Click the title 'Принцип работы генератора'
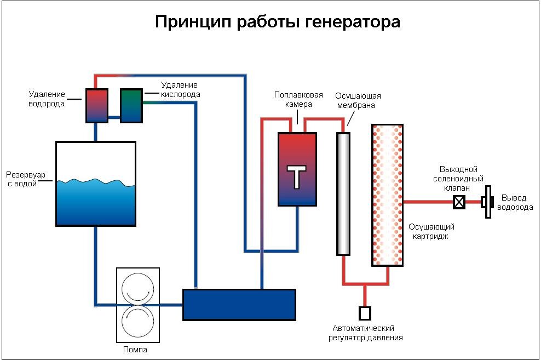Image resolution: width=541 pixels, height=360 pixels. [x=278, y=22]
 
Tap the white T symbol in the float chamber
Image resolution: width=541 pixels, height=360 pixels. [x=297, y=176]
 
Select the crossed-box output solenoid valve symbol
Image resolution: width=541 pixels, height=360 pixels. [x=459, y=203]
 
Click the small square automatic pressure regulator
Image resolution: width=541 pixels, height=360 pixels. [x=365, y=313]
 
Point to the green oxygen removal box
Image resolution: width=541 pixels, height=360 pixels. [x=131, y=105]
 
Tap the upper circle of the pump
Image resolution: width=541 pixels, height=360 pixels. [x=137, y=288]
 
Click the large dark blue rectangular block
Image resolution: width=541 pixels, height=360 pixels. [x=239, y=305]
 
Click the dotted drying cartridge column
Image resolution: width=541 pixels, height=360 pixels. [x=388, y=195]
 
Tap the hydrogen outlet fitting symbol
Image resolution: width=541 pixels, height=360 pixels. [x=485, y=203]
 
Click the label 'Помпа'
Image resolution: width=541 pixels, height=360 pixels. [x=134, y=349]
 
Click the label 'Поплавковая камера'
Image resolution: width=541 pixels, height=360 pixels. [x=298, y=99]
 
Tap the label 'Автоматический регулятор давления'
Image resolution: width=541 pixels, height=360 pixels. [x=366, y=333]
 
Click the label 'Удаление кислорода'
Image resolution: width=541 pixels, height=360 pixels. [x=180, y=89]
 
